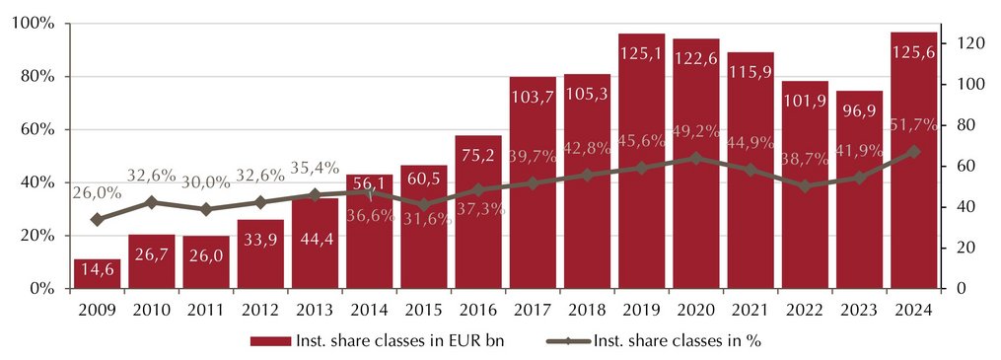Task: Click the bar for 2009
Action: point(97,274)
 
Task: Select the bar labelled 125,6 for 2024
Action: point(913,160)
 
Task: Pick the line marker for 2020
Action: point(696,158)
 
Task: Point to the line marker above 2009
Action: point(97,220)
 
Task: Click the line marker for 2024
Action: point(913,152)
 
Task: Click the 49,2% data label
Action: point(696,131)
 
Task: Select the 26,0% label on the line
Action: point(97,192)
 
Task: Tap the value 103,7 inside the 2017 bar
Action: point(533,97)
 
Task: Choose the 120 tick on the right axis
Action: point(964,43)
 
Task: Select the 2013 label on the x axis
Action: point(315,311)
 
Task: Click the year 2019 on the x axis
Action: point(642,311)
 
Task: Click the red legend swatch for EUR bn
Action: point(270,341)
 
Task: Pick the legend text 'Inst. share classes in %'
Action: point(677,341)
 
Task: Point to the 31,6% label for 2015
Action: point(423,218)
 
